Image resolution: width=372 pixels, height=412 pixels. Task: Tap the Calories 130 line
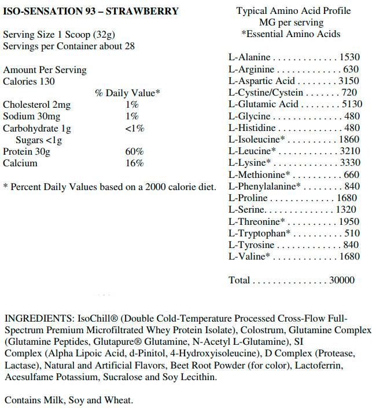tap(29, 82)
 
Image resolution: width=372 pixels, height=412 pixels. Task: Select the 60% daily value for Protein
tap(134, 152)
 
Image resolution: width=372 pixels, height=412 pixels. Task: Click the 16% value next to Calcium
tap(134, 163)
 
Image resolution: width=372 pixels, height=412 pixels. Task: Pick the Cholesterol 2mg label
tap(36, 105)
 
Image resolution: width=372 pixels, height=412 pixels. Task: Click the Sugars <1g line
tap(39, 140)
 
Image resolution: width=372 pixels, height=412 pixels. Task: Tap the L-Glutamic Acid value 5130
tap(351, 104)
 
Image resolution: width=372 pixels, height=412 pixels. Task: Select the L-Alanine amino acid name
tap(250, 57)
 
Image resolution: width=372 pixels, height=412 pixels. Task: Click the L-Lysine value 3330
tap(351, 163)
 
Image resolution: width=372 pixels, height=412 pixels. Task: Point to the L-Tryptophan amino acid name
tap(257, 234)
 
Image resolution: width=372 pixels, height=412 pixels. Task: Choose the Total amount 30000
tap(341, 280)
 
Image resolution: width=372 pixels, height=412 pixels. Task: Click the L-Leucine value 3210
tap(351, 151)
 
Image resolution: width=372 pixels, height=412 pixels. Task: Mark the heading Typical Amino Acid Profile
tap(290, 11)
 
